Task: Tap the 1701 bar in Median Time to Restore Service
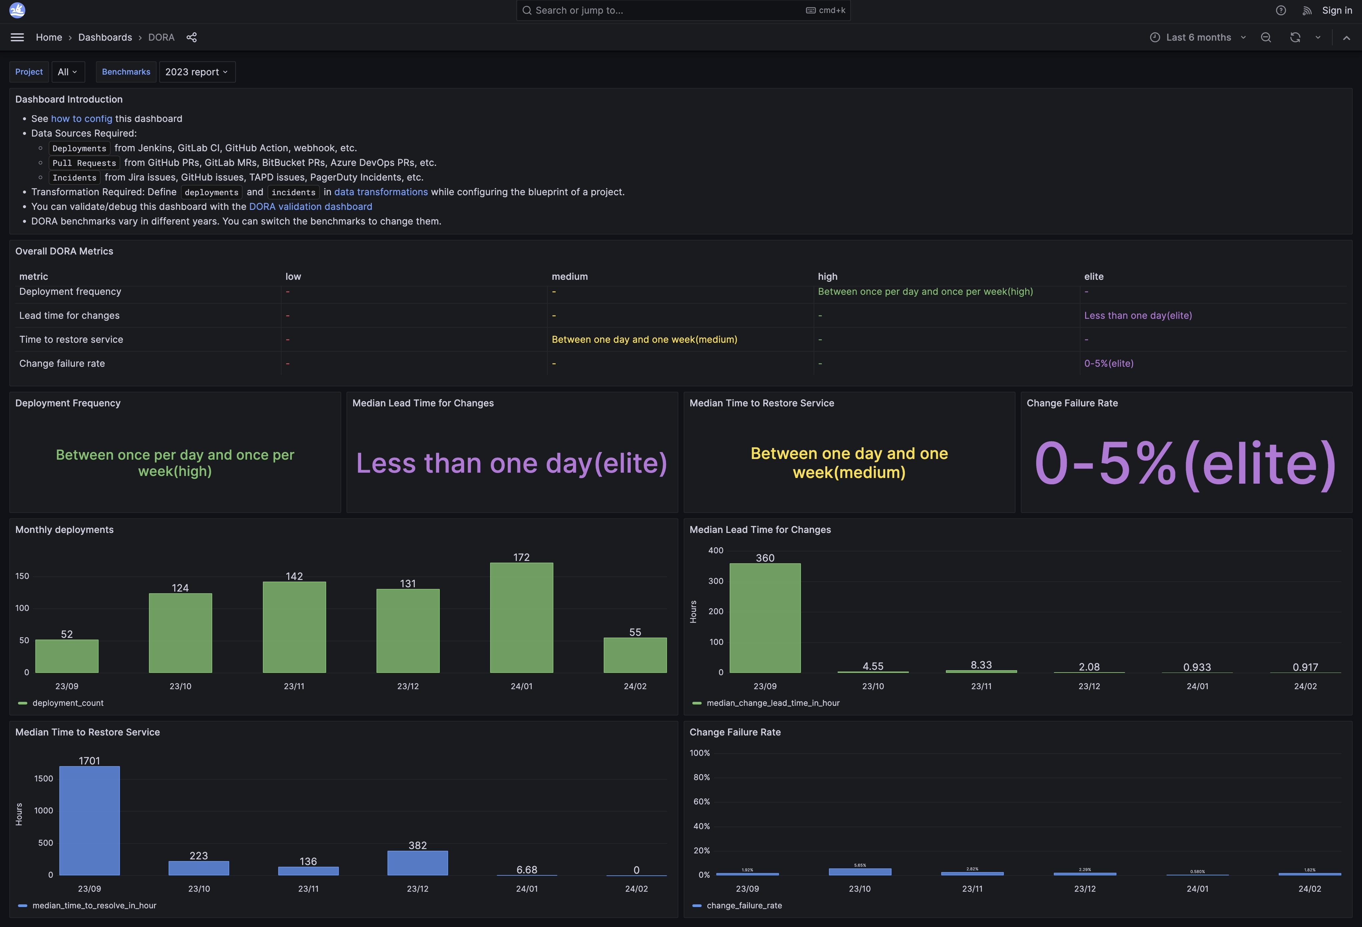coord(90,820)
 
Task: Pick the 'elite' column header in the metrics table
coord(1093,276)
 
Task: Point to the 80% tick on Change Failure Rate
coord(702,777)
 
